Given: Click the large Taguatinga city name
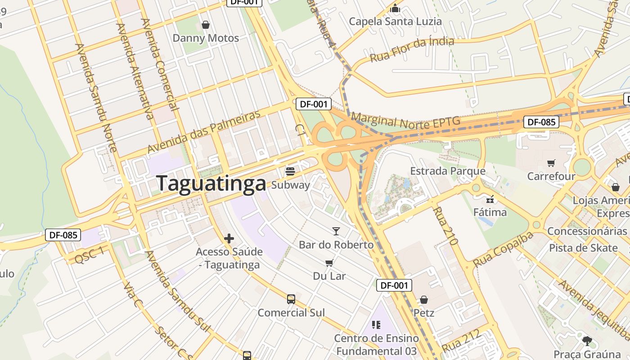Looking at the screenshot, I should click(x=211, y=184).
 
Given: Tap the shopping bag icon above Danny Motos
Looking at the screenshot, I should click(x=206, y=25).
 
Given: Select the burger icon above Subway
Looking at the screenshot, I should click(x=290, y=171).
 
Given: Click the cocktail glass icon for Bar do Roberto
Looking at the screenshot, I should click(x=336, y=231).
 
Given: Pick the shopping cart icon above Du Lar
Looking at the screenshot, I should click(x=329, y=263).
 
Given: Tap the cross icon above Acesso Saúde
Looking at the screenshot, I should click(x=229, y=238).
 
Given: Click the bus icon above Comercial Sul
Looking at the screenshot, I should click(x=291, y=299).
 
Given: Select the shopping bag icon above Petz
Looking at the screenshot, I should click(x=423, y=300).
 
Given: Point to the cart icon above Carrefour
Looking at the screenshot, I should click(x=551, y=163).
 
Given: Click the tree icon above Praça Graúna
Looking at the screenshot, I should click(x=587, y=341).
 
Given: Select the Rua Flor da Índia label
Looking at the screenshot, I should click(x=412, y=50).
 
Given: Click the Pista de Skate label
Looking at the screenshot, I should click(x=583, y=248).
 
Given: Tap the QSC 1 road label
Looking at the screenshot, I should click(x=90, y=255).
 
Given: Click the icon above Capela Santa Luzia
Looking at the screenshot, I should click(x=395, y=8).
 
